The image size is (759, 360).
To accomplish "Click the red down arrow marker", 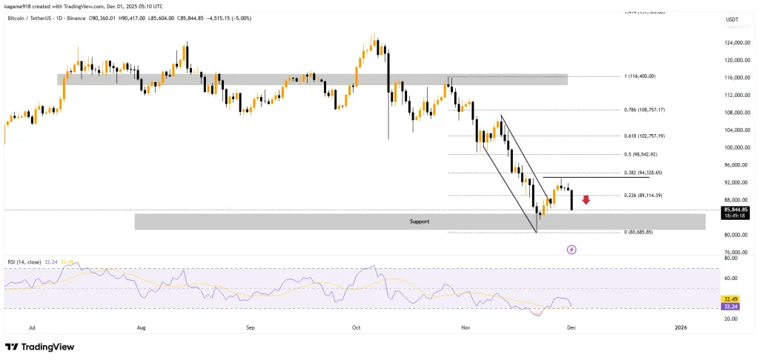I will tap(586, 199).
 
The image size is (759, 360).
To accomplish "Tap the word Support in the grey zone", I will tap(420, 221).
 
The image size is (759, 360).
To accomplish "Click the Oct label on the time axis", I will tap(356, 326).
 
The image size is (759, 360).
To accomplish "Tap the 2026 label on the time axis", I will tap(680, 326).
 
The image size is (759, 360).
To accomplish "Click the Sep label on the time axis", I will tap(251, 326).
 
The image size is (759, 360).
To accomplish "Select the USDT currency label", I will tap(732, 20).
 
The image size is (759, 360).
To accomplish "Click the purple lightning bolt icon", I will tap(571, 250).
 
